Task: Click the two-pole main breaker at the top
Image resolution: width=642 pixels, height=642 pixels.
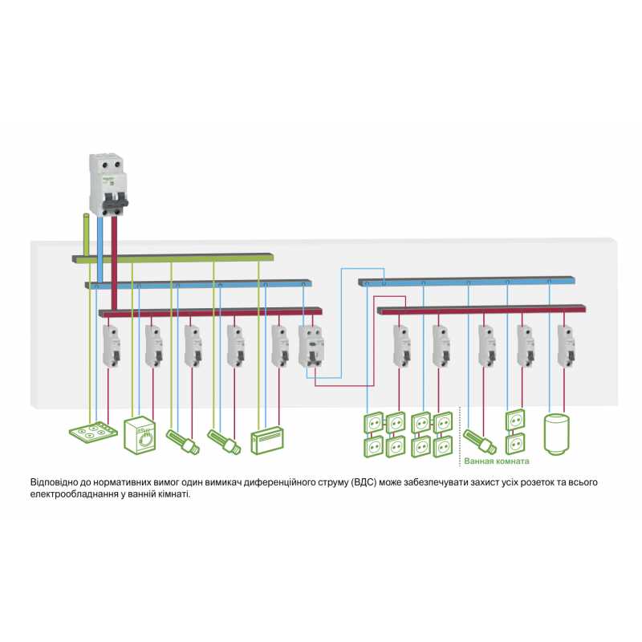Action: pyautogui.click(x=108, y=184)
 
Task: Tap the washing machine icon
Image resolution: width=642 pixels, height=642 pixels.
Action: pyautogui.click(x=141, y=436)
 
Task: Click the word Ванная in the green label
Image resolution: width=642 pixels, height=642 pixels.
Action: pyautogui.click(x=480, y=462)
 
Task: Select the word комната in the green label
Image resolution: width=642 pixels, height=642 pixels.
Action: pyautogui.click(x=512, y=462)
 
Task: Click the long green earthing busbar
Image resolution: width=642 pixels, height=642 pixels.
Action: pyautogui.click(x=173, y=258)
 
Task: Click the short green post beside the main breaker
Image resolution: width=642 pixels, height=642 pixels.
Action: pyautogui.click(x=86, y=234)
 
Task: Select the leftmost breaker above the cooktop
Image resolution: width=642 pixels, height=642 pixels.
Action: pyautogui.click(x=111, y=346)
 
